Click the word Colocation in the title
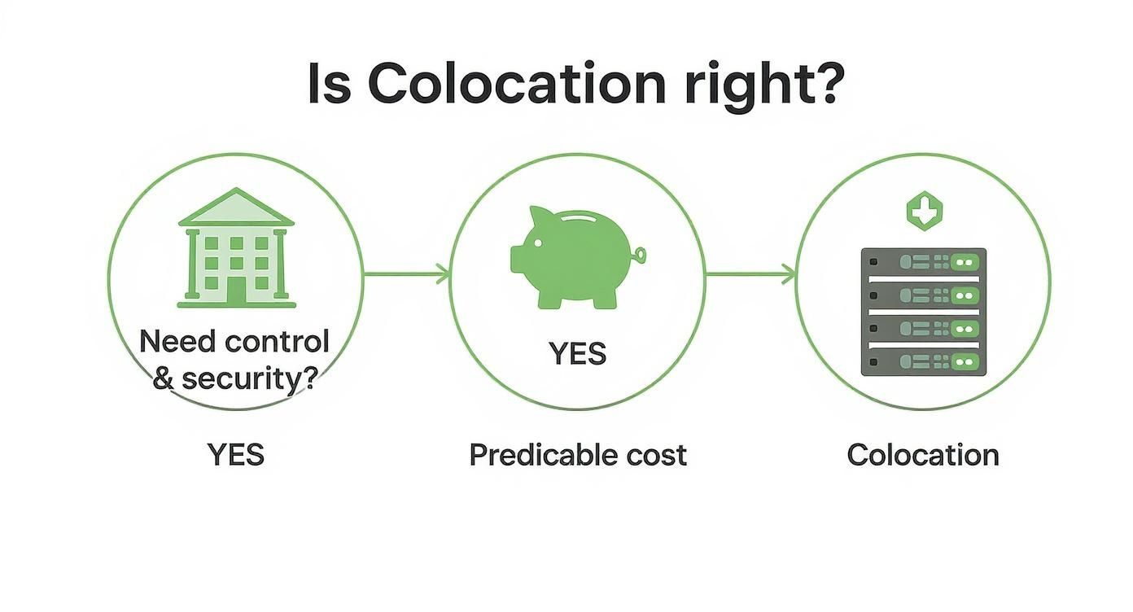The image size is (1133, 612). pos(517,83)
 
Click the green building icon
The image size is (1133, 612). pos(236,248)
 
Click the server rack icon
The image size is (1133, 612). pos(923,312)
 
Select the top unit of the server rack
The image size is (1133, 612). pos(923,263)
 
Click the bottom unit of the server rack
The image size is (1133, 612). pos(923,361)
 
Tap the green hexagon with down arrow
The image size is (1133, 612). pos(924,211)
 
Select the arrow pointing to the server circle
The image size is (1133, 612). pos(750,275)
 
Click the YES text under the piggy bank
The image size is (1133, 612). pos(577,354)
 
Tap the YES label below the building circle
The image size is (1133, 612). pos(236,454)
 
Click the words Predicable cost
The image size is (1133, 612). pos(578,454)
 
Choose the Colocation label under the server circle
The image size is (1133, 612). pos(923,454)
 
